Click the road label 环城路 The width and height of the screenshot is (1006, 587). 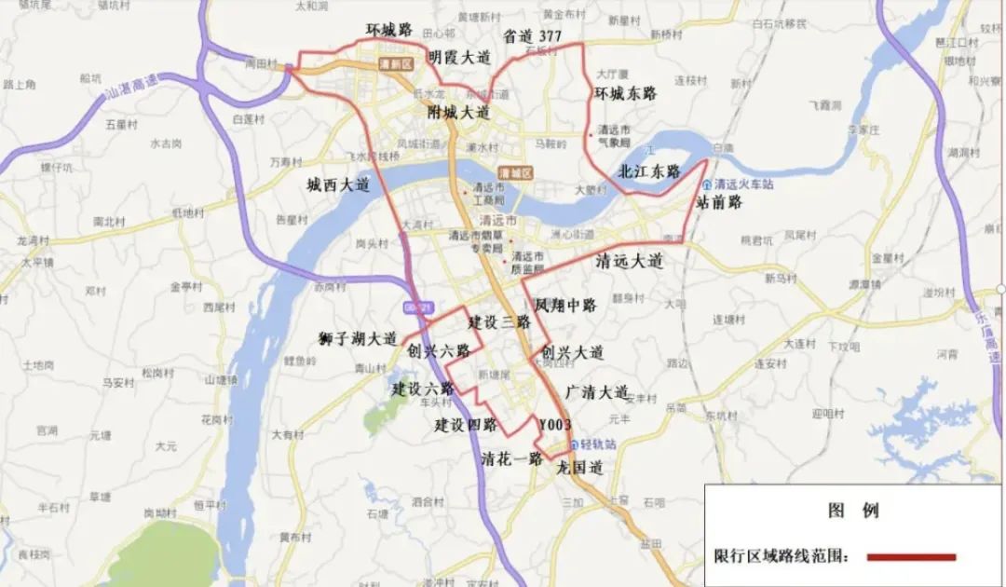tap(388, 30)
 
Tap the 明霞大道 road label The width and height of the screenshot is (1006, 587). tap(458, 57)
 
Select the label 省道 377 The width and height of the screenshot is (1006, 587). tap(532, 36)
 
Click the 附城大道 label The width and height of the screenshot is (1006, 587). tap(458, 113)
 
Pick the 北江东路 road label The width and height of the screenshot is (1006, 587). tap(649, 171)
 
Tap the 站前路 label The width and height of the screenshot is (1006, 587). tap(719, 201)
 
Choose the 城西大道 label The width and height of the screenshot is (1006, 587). tap(338, 185)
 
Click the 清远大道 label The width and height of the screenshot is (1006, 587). tap(629, 262)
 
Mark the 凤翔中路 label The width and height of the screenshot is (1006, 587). tap(564, 305)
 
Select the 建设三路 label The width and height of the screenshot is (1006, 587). tap(499, 322)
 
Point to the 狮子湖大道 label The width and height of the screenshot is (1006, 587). tap(357, 338)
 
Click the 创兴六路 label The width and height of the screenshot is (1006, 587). tap(439, 351)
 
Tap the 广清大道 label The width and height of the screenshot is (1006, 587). tap(597, 392)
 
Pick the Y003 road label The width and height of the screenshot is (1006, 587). tap(555, 424)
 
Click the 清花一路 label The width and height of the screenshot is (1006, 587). tap(512, 458)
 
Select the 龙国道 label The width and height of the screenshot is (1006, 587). tap(580, 469)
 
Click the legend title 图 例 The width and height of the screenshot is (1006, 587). tap(853, 511)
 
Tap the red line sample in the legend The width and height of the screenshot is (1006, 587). tap(911, 557)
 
